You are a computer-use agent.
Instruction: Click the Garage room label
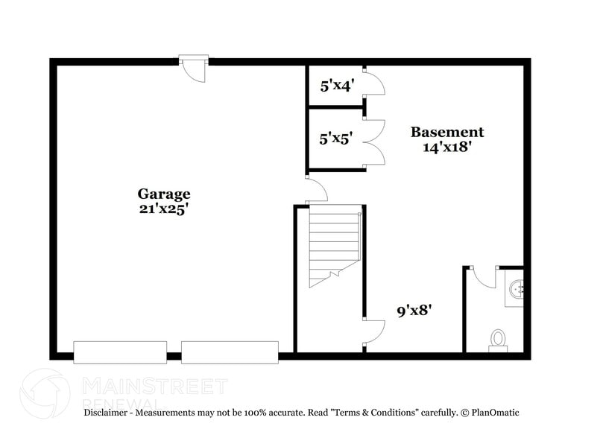coord(163,194)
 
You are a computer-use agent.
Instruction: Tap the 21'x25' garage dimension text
coord(163,209)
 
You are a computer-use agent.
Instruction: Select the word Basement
coord(447,132)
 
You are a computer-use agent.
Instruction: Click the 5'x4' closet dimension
coord(336,86)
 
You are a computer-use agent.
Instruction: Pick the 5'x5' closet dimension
coord(336,138)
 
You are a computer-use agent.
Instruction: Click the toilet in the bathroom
coord(497,340)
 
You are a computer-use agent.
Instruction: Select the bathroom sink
coord(516,287)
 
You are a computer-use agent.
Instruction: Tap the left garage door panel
coord(119,352)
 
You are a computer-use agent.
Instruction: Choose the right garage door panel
coord(230,352)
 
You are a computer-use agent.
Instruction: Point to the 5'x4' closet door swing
coord(374,84)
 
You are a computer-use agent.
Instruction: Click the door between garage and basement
coord(316,190)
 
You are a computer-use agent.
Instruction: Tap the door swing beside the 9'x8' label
coord(373,332)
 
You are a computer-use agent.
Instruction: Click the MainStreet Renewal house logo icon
coord(46,389)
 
